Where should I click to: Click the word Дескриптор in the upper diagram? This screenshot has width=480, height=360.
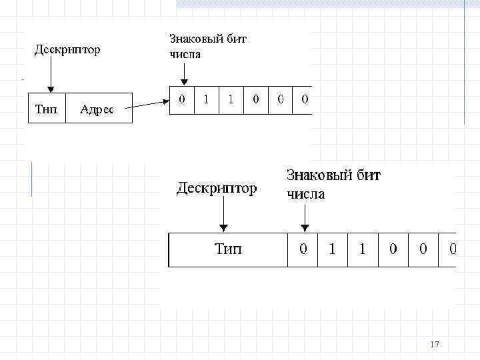pyautogui.click(x=67, y=49)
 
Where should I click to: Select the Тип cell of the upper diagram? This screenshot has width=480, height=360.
pyautogui.click(x=46, y=109)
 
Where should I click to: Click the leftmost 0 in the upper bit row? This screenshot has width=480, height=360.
pyautogui.click(x=181, y=100)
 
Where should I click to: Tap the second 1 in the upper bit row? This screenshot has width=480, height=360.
pyautogui.click(x=231, y=100)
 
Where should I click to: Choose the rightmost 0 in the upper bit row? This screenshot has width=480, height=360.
pyautogui.click(x=305, y=100)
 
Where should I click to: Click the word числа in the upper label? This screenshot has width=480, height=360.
pyautogui.click(x=185, y=54)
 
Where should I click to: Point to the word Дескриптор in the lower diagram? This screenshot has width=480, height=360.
pyautogui.click(x=216, y=189)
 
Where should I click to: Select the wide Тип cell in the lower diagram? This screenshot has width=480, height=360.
pyautogui.click(x=228, y=249)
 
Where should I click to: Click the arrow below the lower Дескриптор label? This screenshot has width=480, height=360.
pyautogui.click(x=223, y=216)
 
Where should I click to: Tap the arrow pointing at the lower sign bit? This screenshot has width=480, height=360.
pyautogui.click(x=304, y=216)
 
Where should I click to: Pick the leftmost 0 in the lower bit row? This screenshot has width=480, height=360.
pyautogui.click(x=303, y=249)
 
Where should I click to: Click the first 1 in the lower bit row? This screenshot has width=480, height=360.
pyautogui.click(x=333, y=249)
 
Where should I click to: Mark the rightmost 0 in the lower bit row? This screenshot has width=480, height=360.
pyautogui.click(x=453, y=249)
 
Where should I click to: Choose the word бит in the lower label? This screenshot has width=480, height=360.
pyautogui.click(x=367, y=175)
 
